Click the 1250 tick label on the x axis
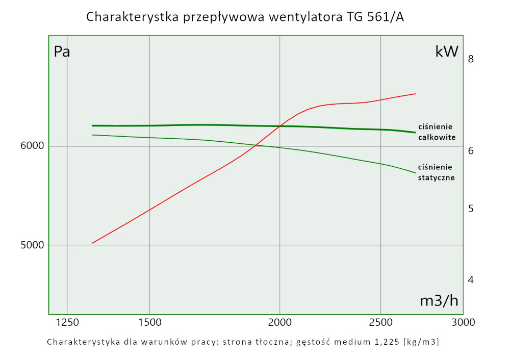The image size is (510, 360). coord(67,322)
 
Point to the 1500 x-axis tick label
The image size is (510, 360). coord(149,322)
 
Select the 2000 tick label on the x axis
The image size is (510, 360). coord(279,322)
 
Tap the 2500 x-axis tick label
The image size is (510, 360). coord(380,322)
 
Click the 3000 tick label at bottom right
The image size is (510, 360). coord(463,322)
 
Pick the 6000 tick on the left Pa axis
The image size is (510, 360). coord(32,146)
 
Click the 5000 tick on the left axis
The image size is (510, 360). coord(32,246)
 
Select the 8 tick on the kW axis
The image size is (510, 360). coord(471,59)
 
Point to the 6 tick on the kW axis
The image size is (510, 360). coord(471,151)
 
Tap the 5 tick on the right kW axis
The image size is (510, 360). coord(471,209)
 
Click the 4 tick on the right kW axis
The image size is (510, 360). coord(471,280)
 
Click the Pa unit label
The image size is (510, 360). coord(62,52)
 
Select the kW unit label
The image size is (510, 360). coord(447,52)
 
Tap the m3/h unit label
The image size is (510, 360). coord(439,301)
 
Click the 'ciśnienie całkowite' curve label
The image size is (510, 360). coord(437,132)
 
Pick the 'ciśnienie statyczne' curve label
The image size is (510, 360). coord(436,172)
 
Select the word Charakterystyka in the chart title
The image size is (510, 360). coord(134,17)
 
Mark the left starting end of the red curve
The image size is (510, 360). coord(92,243)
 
